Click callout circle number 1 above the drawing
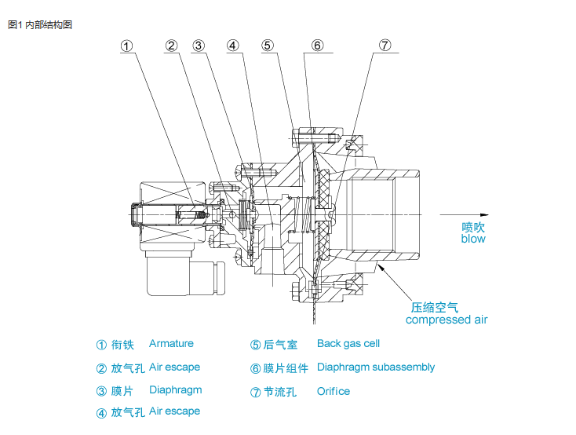click(x=127, y=46)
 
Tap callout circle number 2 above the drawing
click(x=172, y=46)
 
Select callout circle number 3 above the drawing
click(x=199, y=46)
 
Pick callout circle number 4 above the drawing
click(x=233, y=46)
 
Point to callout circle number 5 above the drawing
click(x=268, y=46)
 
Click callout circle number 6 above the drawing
click(x=317, y=46)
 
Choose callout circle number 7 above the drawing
click(x=385, y=46)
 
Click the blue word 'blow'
click(x=473, y=239)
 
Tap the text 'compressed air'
click(x=446, y=320)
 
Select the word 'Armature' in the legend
click(x=171, y=344)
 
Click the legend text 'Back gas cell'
click(x=348, y=344)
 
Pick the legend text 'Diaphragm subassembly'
click(x=375, y=367)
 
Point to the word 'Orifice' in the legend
click(x=334, y=391)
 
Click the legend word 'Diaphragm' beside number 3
click(x=175, y=390)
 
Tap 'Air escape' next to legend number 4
click(x=174, y=411)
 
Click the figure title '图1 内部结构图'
click(x=39, y=24)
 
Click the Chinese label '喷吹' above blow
click(x=473, y=226)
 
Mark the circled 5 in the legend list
click(x=255, y=345)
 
